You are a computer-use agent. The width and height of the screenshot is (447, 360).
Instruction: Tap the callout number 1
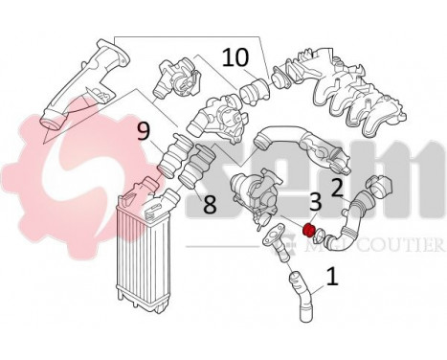[332, 279]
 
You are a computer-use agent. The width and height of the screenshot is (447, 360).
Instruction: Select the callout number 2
[336, 186]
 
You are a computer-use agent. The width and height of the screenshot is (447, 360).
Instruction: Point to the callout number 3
[314, 202]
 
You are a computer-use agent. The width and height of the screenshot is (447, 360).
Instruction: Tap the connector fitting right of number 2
[384, 188]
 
